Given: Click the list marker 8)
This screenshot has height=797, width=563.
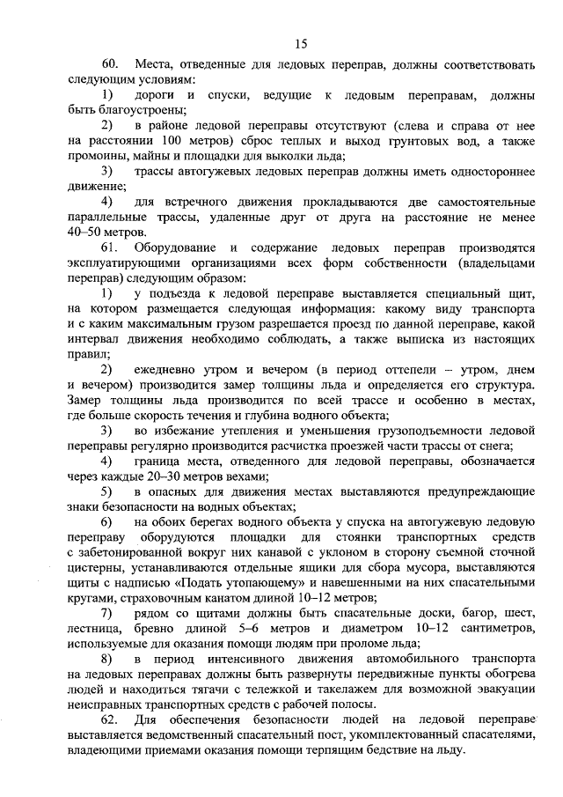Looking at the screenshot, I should pos(106,659).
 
